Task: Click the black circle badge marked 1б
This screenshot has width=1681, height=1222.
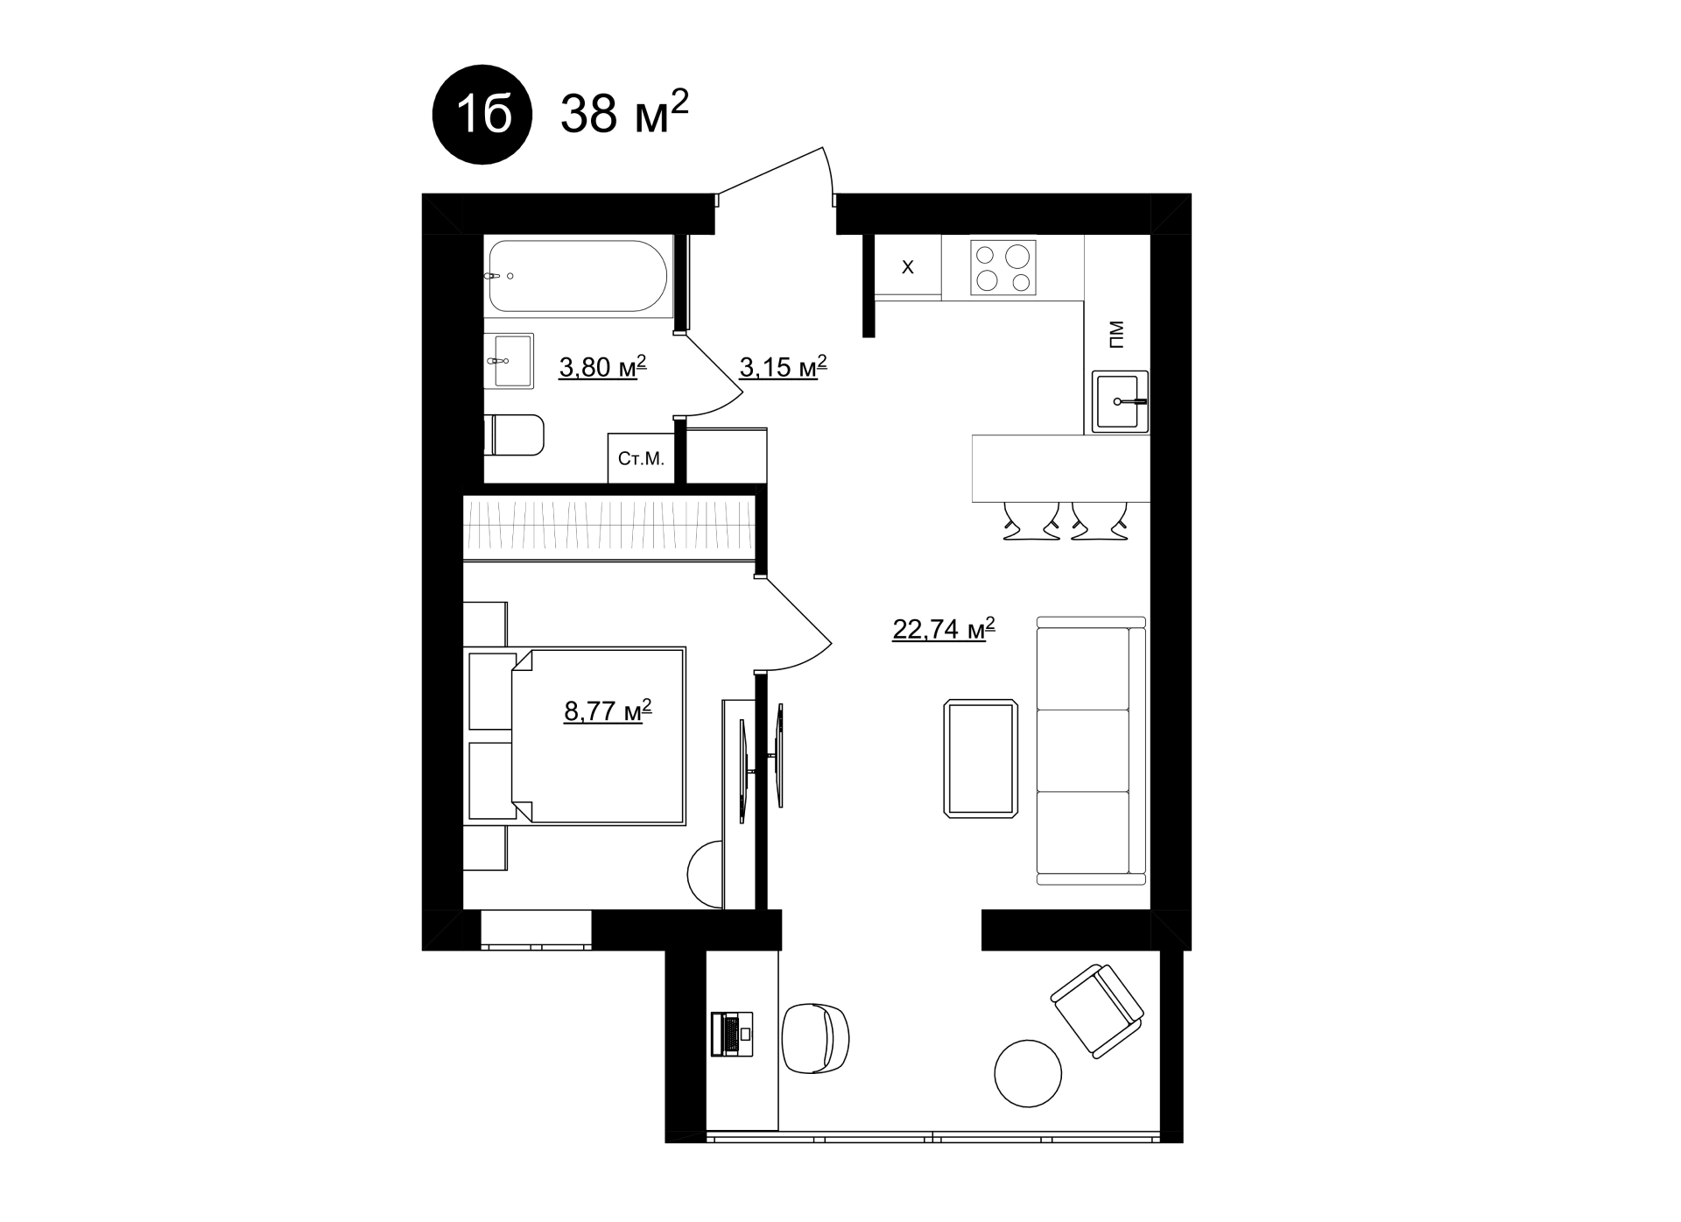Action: [482, 114]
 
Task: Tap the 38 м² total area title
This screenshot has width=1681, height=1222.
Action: [624, 111]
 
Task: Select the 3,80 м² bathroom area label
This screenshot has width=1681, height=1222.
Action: [602, 366]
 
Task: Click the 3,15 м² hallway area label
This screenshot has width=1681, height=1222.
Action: [784, 366]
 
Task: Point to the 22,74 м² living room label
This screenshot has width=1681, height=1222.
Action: [944, 628]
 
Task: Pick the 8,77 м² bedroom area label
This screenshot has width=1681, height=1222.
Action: [608, 710]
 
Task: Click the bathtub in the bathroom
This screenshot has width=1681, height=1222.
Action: [578, 276]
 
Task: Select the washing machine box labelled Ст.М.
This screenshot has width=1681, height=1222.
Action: [642, 458]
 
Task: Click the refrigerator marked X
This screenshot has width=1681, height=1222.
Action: [908, 267]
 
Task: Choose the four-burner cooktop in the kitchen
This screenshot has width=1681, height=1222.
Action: [1003, 267]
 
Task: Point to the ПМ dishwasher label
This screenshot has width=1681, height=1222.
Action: [1115, 335]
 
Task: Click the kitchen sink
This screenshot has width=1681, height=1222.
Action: [1120, 402]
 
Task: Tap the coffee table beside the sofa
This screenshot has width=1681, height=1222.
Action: [981, 759]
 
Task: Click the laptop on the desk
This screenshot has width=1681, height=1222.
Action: [732, 1034]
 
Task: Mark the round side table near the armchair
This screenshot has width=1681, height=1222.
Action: [1028, 1074]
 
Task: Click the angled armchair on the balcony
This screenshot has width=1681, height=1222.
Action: [1097, 1011]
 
